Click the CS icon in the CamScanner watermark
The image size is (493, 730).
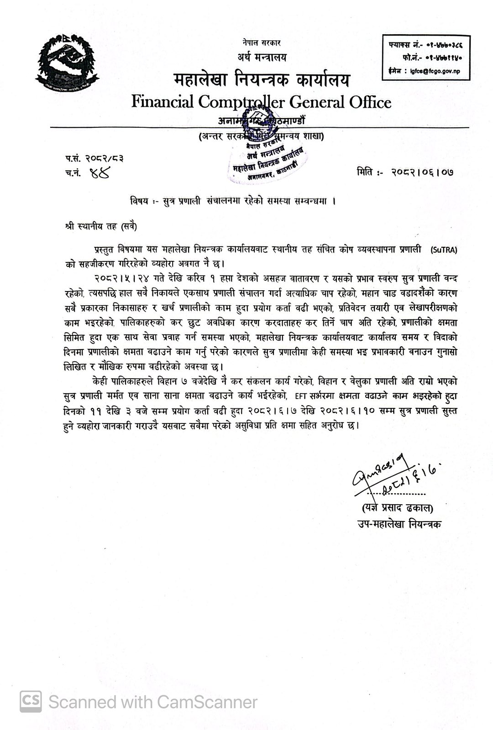click(x=31, y=701)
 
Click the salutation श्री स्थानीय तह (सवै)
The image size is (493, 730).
click(x=100, y=225)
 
